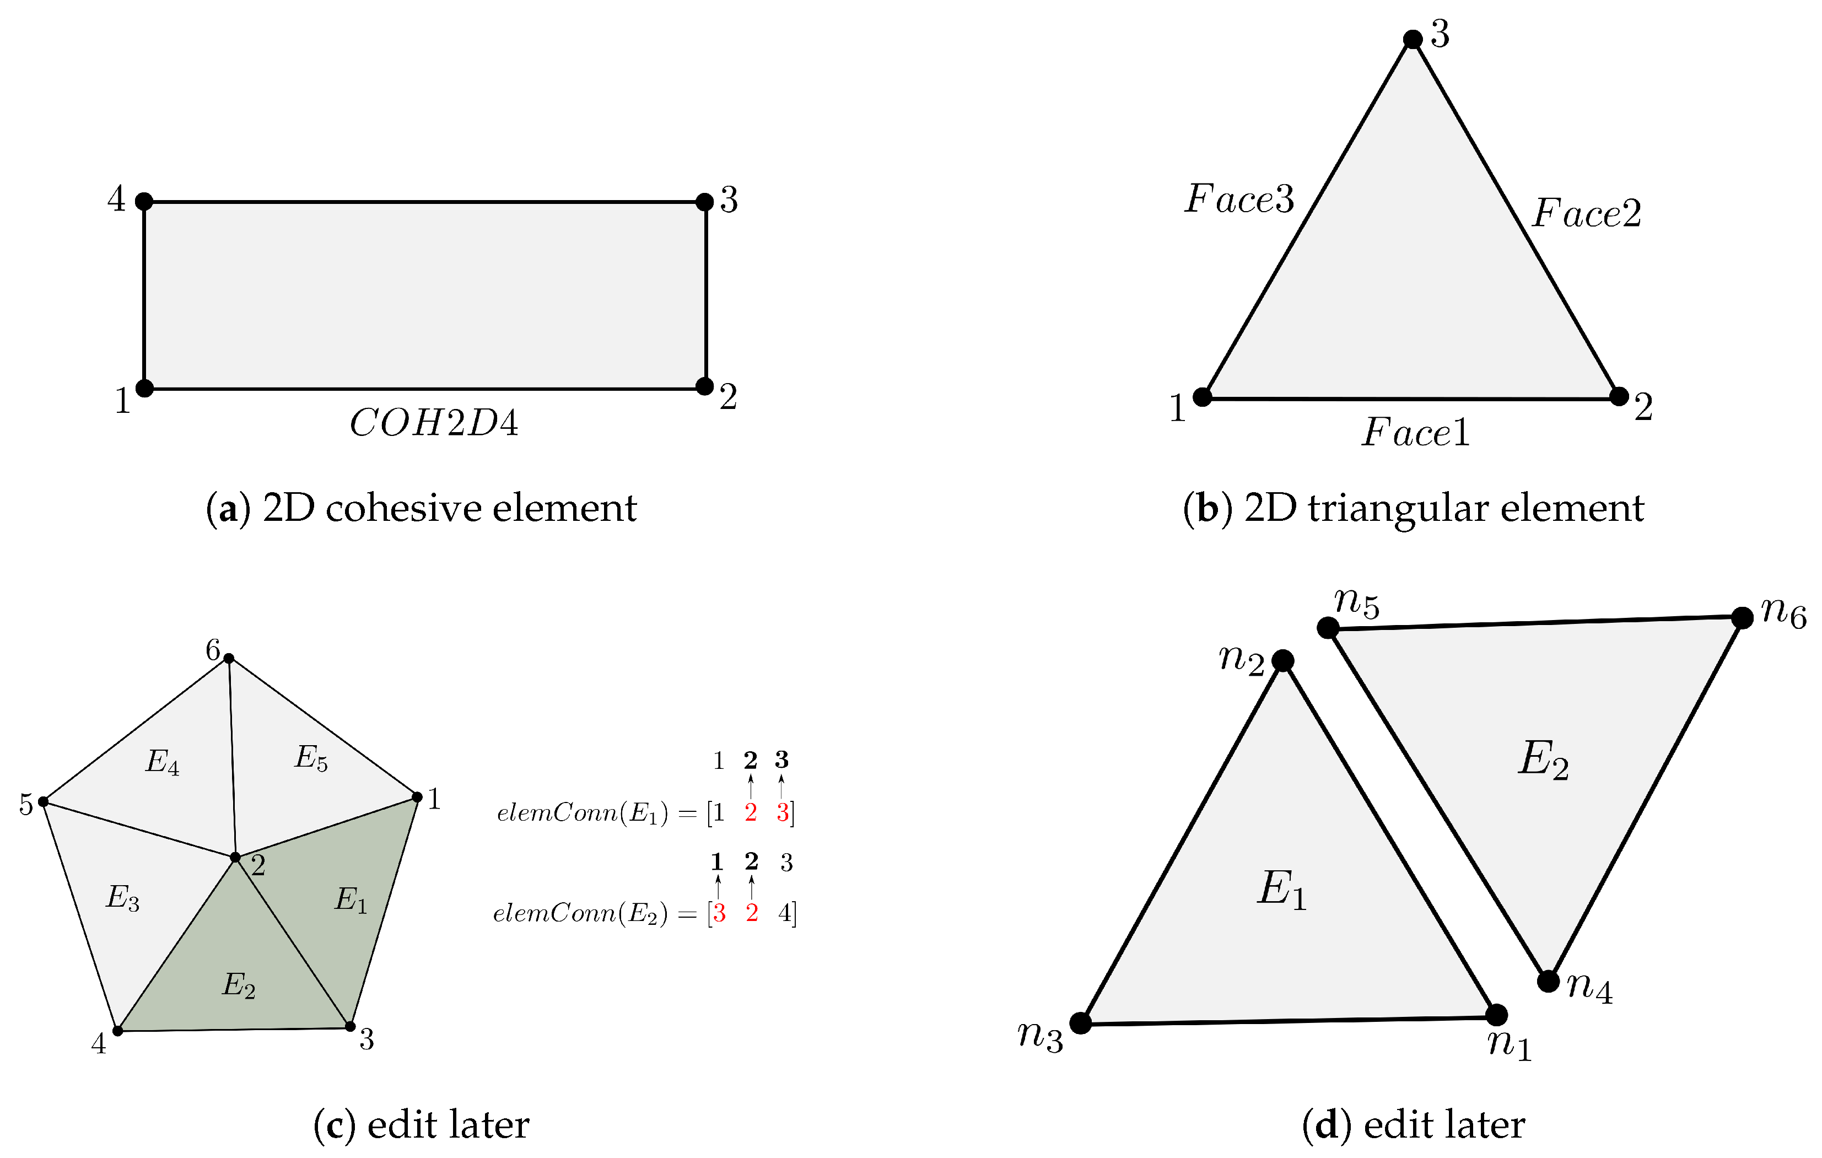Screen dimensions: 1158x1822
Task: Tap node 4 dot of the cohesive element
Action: click(144, 201)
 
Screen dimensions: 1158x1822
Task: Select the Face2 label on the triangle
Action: click(1587, 213)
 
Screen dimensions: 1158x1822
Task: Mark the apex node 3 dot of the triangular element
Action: click(1413, 39)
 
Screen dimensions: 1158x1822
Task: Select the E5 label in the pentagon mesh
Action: click(311, 758)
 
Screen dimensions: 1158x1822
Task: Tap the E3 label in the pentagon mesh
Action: click(122, 898)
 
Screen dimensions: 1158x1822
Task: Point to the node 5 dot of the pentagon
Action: click(44, 801)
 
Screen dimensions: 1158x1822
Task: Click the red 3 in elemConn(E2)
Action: click(719, 913)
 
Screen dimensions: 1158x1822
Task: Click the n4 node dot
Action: click(1549, 982)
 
